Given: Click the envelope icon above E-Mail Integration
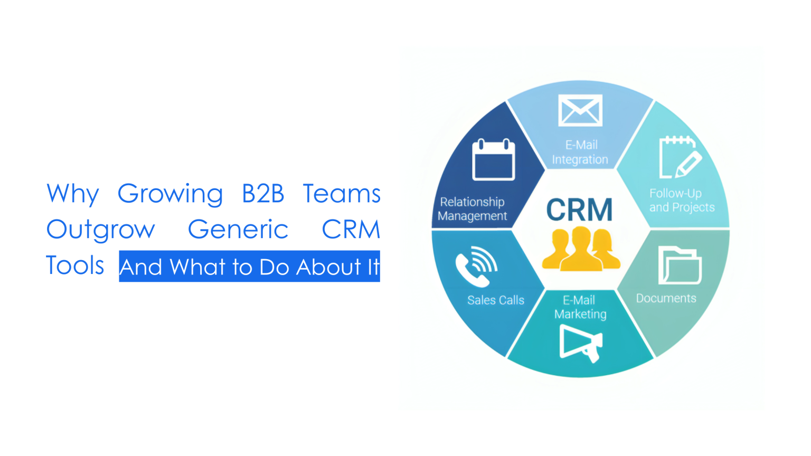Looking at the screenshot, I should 580,110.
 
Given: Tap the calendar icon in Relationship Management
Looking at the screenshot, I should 493,160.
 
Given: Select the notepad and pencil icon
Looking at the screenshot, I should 680,157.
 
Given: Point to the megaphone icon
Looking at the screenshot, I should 580,343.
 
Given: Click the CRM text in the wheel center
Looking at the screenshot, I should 579,210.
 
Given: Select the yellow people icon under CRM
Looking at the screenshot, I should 581,249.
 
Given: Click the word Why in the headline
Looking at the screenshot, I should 72,194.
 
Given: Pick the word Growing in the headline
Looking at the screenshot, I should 170,194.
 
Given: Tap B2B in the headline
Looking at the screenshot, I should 263,194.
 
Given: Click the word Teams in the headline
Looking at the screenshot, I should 342,194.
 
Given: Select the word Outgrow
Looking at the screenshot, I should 100,230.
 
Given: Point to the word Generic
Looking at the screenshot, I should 238,230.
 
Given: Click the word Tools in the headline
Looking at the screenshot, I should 75,265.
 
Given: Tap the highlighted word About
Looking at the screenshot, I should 328,267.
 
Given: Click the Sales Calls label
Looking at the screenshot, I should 495,300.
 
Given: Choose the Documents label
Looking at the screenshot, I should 666,298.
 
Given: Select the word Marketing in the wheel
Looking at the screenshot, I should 580,314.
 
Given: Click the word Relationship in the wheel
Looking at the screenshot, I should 472,202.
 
